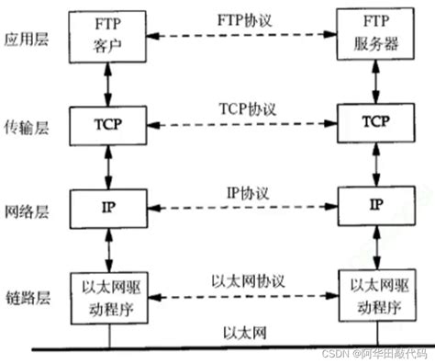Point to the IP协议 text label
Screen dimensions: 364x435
point(241,194)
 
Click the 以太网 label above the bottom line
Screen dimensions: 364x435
point(241,332)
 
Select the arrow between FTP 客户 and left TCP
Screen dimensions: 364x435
point(108,81)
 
